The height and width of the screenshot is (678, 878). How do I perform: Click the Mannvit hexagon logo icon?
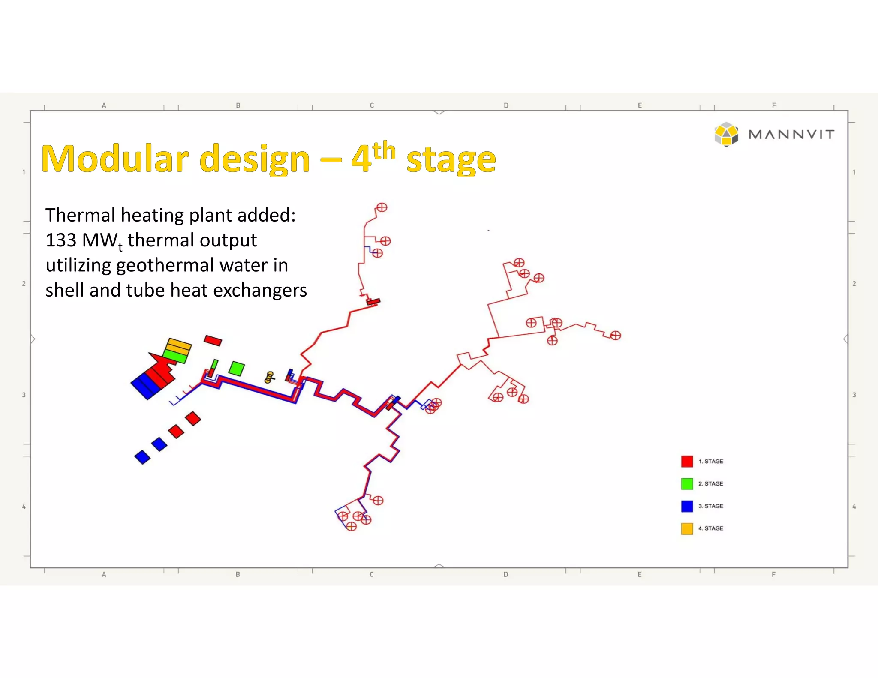click(x=726, y=134)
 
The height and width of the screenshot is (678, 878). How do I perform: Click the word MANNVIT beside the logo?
click(x=791, y=135)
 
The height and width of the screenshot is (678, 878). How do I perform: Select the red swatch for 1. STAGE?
click(x=687, y=461)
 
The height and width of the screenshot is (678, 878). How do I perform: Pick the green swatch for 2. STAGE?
click(x=687, y=483)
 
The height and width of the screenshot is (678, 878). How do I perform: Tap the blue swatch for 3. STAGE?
click(x=687, y=506)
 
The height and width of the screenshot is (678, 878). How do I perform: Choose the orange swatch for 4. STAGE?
click(x=687, y=528)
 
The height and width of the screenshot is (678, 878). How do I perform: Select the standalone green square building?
click(x=237, y=368)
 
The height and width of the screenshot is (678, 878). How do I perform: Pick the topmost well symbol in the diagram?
click(x=381, y=207)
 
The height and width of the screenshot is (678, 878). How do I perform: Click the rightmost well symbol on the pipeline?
click(x=616, y=336)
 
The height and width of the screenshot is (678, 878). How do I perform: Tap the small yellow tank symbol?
click(x=269, y=377)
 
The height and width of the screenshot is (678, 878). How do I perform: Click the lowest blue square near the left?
click(x=142, y=457)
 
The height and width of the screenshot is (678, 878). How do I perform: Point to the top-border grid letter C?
click(x=372, y=105)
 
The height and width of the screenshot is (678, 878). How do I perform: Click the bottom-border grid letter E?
click(x=639, y=574)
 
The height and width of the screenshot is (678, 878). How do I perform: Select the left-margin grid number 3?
click(x=24, y=395)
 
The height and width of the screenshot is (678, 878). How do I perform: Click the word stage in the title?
click(x=451, y=159)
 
